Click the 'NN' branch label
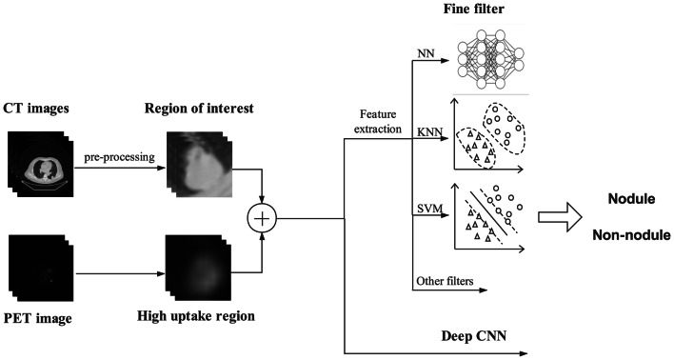point(424,55)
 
